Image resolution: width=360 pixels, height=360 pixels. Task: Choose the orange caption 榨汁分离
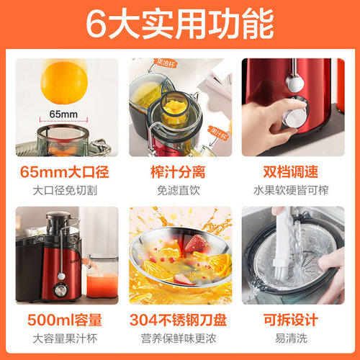pyautogui.click(x=179, y=173)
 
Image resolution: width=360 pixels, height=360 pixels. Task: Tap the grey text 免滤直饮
pyautogui.click(x=179, y=191)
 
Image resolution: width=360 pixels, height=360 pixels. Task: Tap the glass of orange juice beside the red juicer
pyautogui.click(x=100, y=277)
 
